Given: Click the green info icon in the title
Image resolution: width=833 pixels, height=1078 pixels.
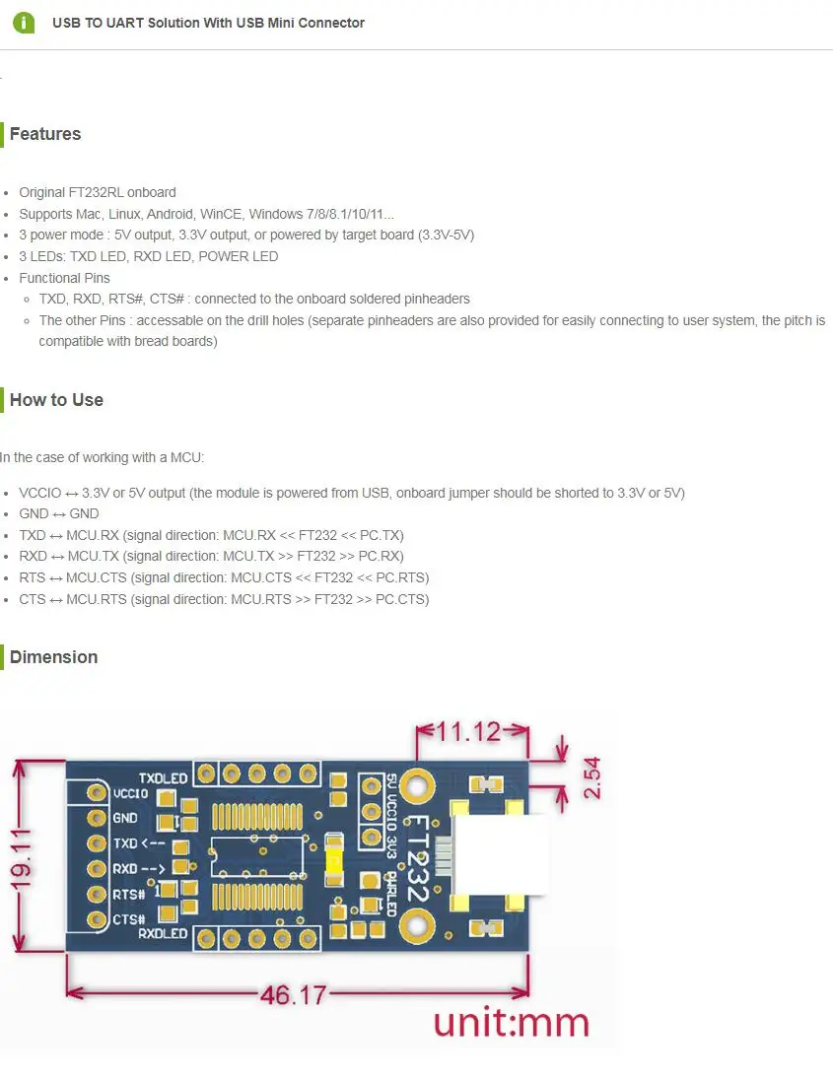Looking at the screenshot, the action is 24,23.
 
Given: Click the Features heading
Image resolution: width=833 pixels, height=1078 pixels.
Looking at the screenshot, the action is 45,134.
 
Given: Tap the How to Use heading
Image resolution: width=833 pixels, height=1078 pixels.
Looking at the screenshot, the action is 56,400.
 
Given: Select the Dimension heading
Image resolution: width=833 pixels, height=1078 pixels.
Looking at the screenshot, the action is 53,657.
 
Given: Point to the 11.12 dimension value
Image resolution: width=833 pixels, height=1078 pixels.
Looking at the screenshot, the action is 468,731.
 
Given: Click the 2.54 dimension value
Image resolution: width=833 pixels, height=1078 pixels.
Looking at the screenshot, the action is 591,777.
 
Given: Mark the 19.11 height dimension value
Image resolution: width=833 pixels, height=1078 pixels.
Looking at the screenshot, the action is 21,854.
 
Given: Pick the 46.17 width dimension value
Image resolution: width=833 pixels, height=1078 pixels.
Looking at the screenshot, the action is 293,995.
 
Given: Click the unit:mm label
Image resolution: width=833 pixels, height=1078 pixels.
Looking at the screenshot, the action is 511,1023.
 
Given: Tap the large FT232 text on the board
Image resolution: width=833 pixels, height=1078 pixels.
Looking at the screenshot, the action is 417,858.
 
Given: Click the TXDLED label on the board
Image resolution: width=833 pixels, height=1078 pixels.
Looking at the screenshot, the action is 163,778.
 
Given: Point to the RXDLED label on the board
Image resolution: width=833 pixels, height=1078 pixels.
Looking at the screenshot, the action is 163,933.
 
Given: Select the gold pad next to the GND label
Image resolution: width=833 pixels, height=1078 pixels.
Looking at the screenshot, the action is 97,818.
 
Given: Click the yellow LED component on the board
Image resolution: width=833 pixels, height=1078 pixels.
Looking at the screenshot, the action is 334,861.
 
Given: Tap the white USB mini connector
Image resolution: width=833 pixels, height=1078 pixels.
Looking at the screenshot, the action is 501,854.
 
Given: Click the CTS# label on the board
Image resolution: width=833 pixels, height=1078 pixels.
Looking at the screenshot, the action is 128,919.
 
